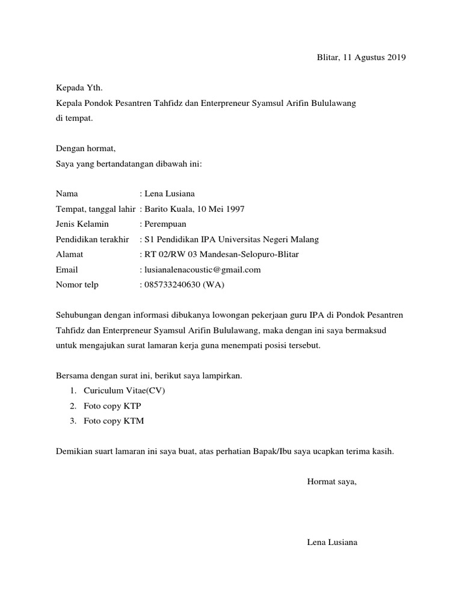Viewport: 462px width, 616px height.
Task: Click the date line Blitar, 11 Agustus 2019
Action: click(361, 58)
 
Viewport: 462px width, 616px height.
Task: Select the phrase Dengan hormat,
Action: click(85, 149)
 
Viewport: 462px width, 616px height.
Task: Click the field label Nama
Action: click(67, 194)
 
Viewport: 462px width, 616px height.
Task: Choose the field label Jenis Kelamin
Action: click(82, 224)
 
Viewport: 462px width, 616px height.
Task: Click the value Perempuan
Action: click(165, 224)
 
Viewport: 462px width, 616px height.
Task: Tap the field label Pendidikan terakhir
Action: click(92, 239)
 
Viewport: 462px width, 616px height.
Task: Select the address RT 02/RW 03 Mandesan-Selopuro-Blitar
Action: click(221, 254)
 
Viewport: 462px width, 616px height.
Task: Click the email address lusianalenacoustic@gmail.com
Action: click(202, 269)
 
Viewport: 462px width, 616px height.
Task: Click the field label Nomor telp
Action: click(77, 285)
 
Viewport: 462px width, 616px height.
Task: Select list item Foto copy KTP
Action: click(112, 406)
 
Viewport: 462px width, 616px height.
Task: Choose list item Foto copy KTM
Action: click(114, 421)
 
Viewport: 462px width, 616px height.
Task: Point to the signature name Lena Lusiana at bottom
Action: click(332, 543)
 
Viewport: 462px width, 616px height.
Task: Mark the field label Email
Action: click(67, 269)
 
